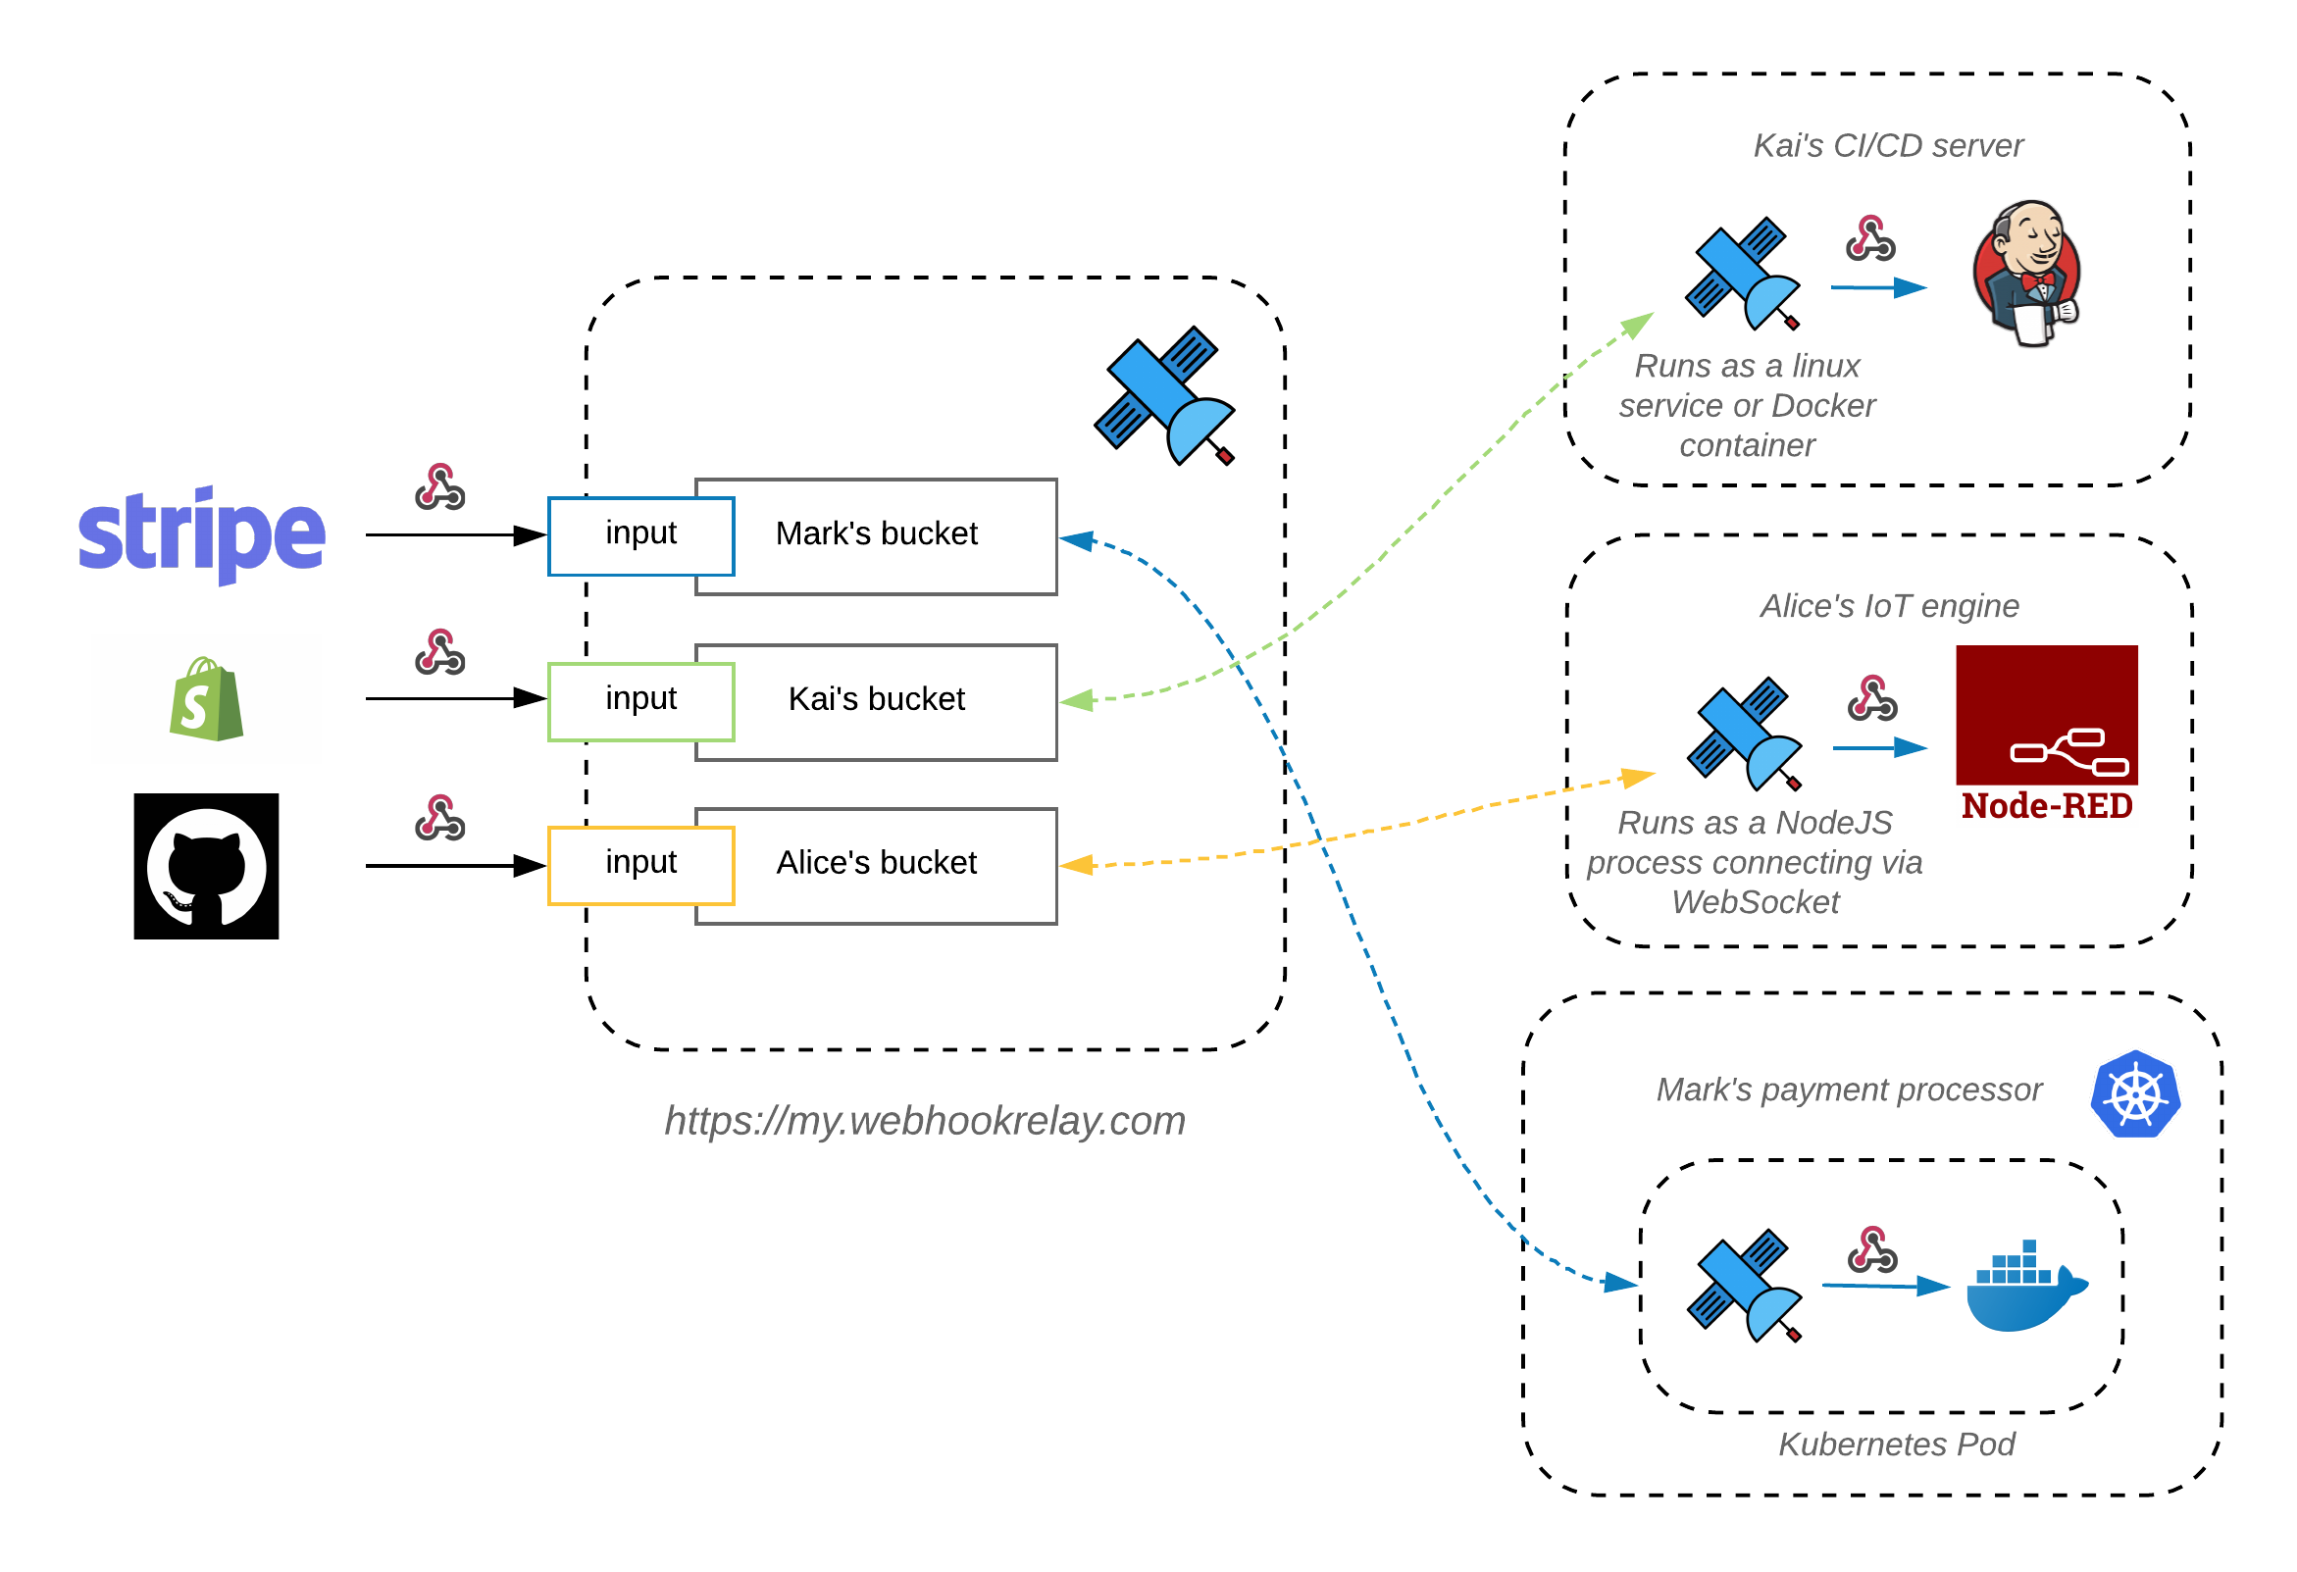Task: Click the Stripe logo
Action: point(202,534)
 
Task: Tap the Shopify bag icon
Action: point(206,699)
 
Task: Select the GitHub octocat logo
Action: point(206,867)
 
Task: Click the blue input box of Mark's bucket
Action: point(640,535)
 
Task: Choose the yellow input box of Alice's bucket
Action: point(640,865)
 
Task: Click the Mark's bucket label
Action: point(876,533)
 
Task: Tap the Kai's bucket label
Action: point(876,699)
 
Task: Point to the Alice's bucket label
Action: point(876,863)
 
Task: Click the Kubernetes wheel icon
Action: point(2135,1094)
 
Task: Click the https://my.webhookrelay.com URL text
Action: point(924,1122)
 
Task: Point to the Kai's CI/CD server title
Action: point(1888,146)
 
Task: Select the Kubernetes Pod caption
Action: point(1896,1445)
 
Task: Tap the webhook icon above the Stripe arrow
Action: point(439,487)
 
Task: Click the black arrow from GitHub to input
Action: point(455,867)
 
